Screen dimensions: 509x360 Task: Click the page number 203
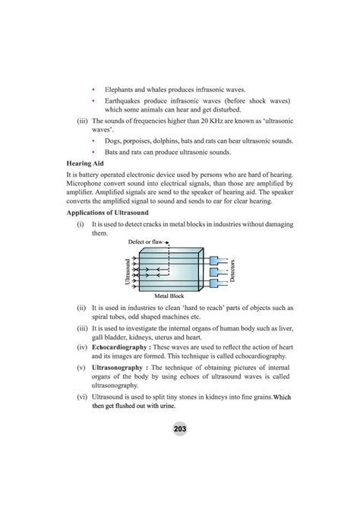[x=180, y=429]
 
